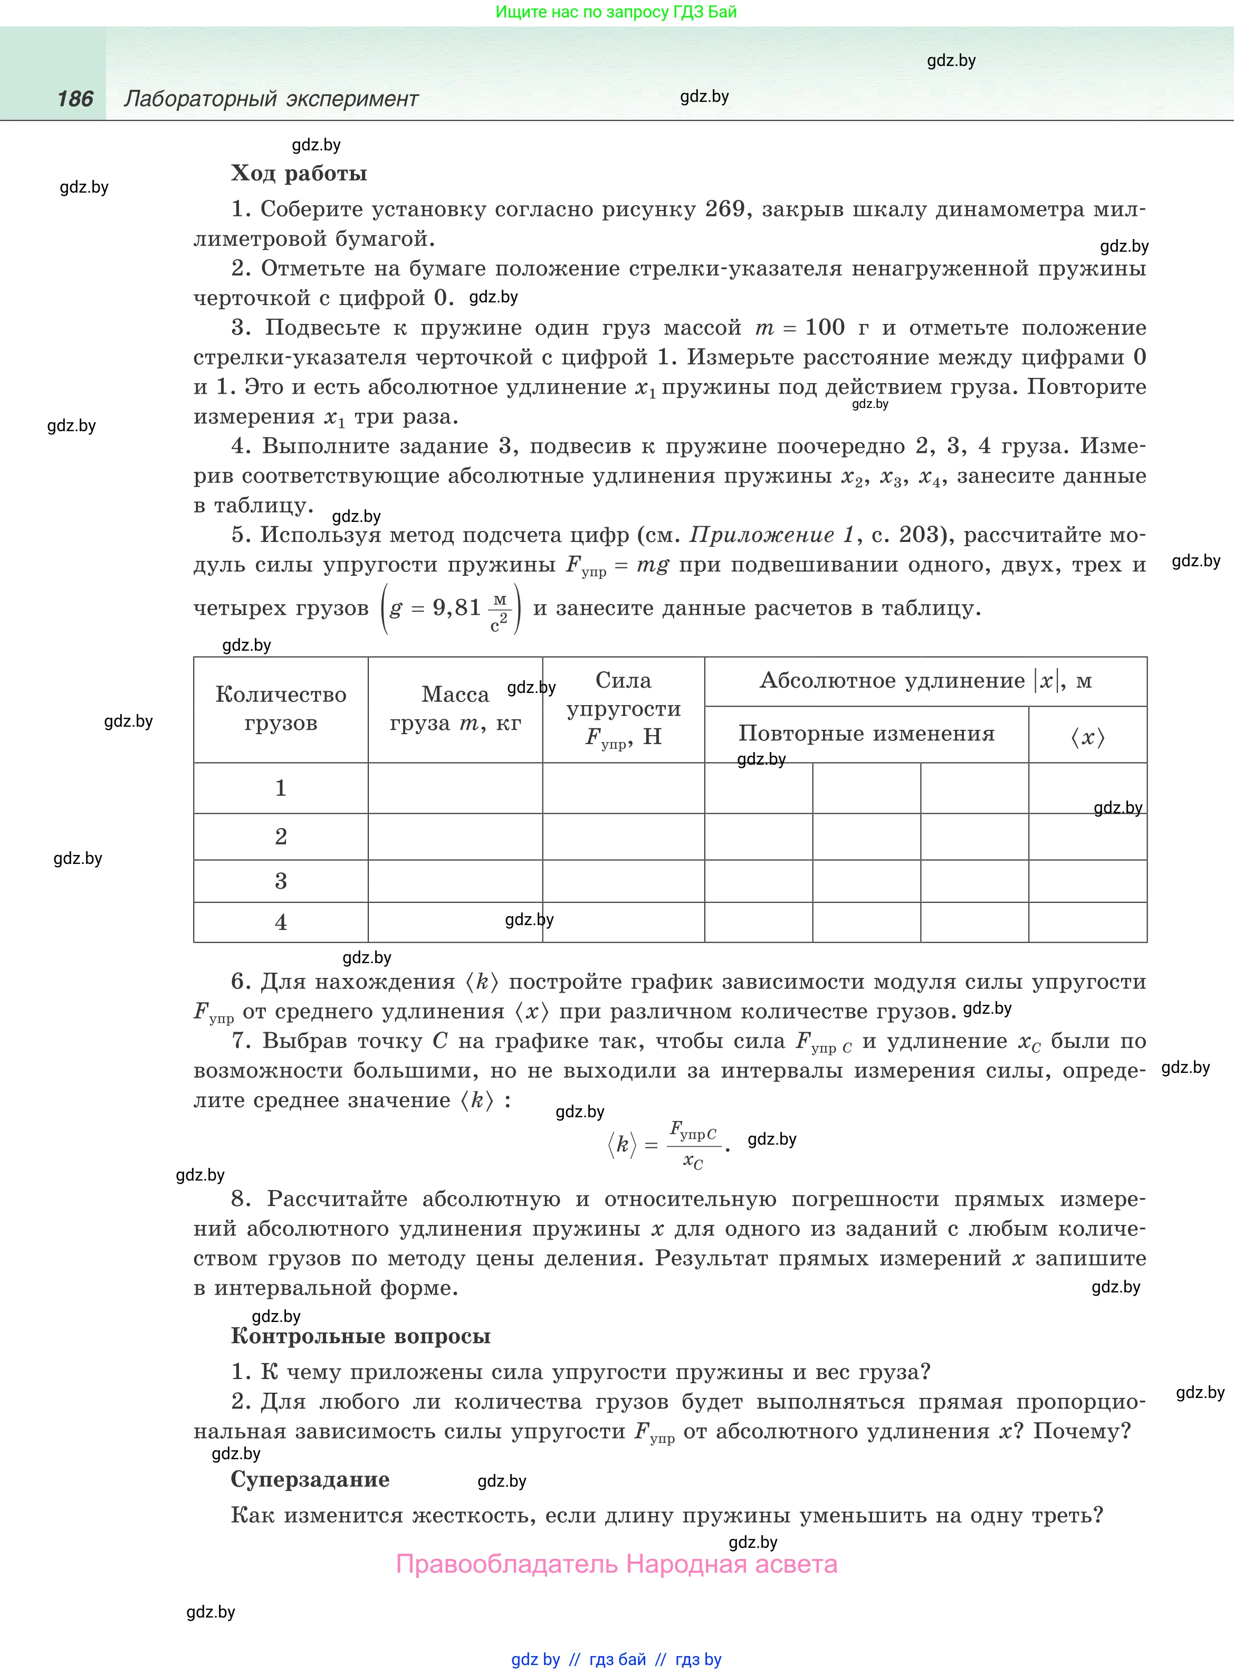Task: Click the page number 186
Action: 75,99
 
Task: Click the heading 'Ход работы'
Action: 299,173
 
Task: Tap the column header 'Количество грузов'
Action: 281,709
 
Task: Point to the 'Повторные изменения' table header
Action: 866,734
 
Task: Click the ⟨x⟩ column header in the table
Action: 1087,738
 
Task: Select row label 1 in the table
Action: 281,788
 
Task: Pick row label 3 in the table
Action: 281,881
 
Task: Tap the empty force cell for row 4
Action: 623,922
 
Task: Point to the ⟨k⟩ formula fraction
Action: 693,1144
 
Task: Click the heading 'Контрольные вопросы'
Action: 361,1336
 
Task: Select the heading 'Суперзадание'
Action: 310,1479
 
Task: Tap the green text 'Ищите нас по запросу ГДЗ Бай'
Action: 616,12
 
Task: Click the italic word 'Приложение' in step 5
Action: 762,535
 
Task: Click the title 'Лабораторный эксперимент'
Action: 271,99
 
